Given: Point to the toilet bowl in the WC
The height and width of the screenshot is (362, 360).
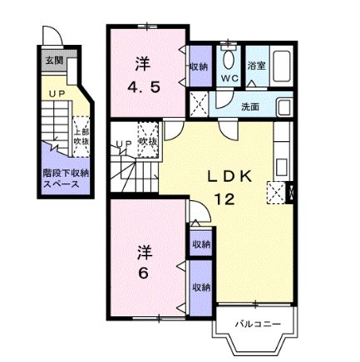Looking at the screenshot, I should [x=229, y=56].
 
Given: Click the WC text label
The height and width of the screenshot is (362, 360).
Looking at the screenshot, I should [x=229, y=78].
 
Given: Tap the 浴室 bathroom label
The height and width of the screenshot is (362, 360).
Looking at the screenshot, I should [x=257, y=66].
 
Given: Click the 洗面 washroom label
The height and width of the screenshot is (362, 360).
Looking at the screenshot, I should [x=249, y=106].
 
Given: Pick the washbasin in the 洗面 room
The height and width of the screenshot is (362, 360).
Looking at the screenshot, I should [x=284, y=107].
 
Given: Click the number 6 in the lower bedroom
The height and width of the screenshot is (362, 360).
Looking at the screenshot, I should [x=142, y=274].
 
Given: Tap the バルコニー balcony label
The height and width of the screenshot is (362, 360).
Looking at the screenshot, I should [x=250, y=324].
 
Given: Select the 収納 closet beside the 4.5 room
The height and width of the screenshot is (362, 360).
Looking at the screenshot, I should [x=199, y=66].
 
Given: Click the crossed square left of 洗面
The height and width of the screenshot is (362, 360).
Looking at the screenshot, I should [x=200, y=105].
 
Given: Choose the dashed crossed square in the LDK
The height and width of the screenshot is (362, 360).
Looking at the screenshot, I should [x=275, y=193].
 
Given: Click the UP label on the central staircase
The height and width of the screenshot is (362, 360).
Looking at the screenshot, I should [x=125, y=146].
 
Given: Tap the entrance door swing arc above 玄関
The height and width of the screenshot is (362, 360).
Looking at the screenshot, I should [x=52, y=38].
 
